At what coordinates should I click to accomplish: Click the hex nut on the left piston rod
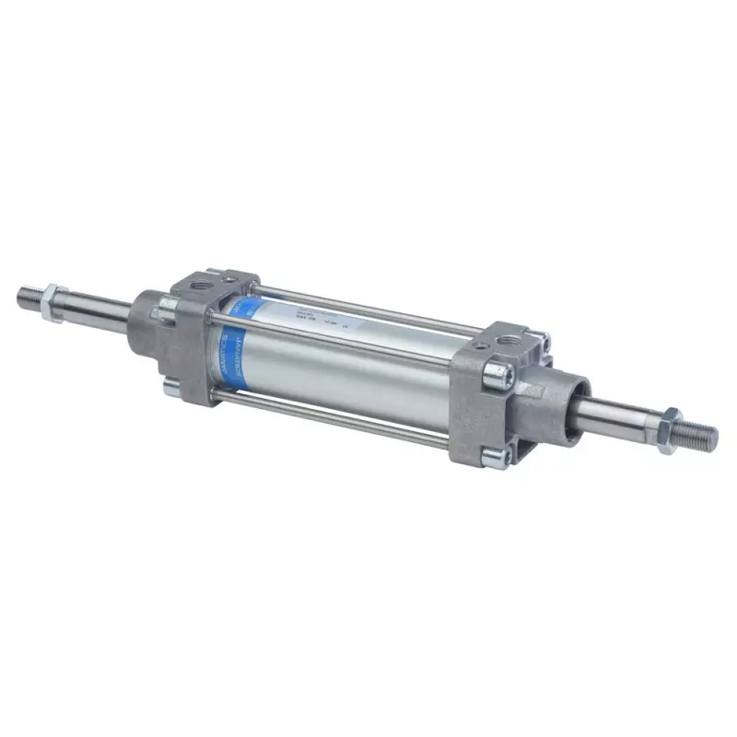(53, 302)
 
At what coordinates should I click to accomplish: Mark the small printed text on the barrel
(313, 318)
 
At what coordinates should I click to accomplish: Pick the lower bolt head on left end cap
(173, 388)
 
